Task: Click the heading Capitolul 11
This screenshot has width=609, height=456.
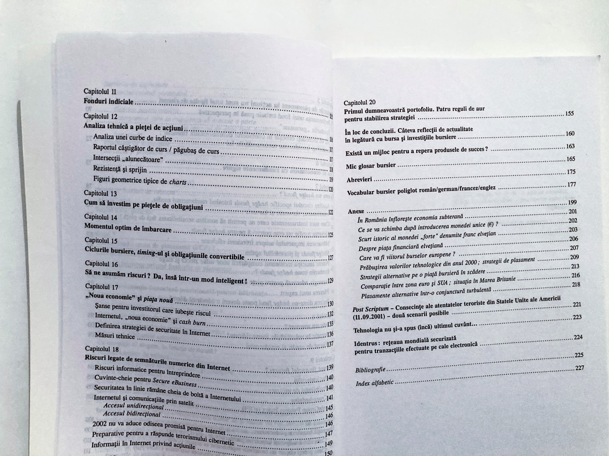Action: pyautogui.click(x=100, y=92)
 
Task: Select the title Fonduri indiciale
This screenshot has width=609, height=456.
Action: pyautogui.click(x=108, y=102)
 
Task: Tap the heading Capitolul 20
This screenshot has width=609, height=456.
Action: pyautogui.click(x=360, y=102)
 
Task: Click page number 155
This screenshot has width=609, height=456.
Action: pyautogui.click(x=569, y=114)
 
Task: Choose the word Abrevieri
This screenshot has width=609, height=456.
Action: pyautogui.click(x=360, y=180)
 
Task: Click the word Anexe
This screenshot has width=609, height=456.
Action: pyautogui.click(x=356, y=212)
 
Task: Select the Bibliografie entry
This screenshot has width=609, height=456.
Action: pyautogui.click(x=370, y=370)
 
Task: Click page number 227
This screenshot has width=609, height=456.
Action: pyautogui.click(x=579, y=368)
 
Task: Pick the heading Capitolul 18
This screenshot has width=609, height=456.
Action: pyautogui.click(x=101, y=348)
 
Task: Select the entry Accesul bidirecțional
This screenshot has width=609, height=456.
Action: pyautogui.click(x=131, y=414)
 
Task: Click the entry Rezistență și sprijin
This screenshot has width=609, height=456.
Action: pyautogui.click(x=120, y=169)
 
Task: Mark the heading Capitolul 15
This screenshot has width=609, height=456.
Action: pyautogui.click(x=101, y=241)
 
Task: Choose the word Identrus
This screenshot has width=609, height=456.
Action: pyautogui.click(x=366, y=343)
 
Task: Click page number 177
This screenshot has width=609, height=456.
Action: pyautogui.click(x=571, y=184)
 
